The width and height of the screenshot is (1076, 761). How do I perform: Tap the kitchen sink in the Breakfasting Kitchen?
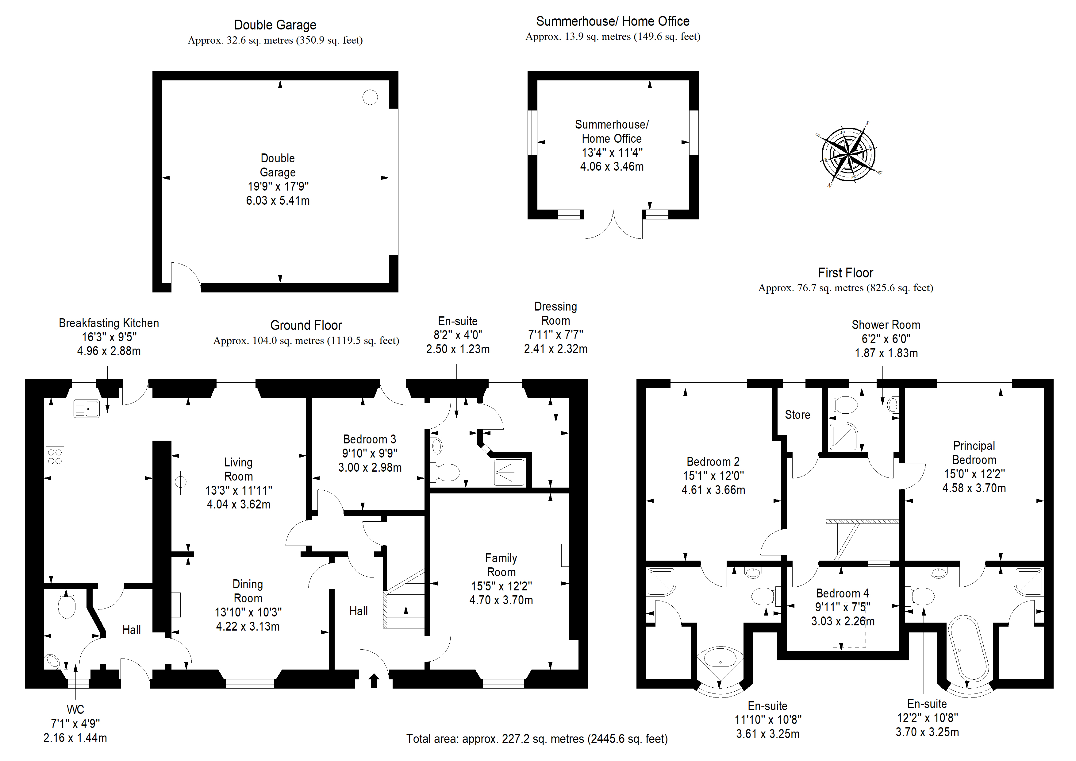point(87,408)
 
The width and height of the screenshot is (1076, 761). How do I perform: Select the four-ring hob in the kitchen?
point(55,456)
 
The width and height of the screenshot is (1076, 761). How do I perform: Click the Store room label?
point(797,415)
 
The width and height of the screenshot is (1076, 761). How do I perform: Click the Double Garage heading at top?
point(275,25)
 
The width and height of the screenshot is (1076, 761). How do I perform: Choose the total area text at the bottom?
point(536,739)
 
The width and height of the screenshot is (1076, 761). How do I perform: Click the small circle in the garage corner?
point(370,97)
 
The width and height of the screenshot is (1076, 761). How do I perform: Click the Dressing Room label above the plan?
point(556,313)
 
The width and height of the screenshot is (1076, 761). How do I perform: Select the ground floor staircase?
point(404,599)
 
